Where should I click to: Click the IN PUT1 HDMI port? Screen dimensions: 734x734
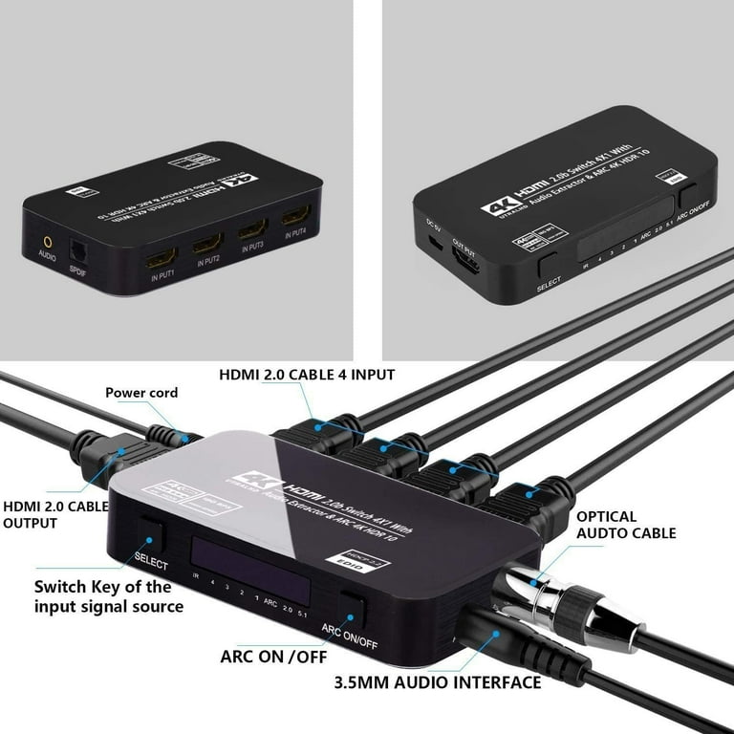160,257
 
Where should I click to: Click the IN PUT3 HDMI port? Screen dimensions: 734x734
252,231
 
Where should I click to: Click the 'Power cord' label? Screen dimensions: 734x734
141,392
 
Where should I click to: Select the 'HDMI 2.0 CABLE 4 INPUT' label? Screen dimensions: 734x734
306,375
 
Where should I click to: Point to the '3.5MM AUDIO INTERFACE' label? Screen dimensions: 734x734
438,682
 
